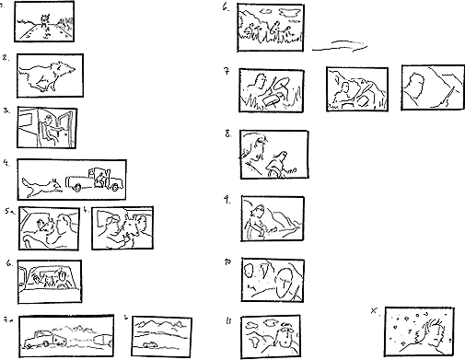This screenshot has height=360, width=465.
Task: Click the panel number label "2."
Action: point(6,58)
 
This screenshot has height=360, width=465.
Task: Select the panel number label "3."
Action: point(6,110)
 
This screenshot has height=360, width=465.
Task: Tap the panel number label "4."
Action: point(6,163)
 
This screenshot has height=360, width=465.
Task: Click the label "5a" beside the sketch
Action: point(8,210)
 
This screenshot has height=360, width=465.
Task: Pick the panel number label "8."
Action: point(227,134)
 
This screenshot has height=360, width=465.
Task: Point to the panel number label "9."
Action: point(227,199)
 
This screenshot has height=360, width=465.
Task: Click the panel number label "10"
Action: point(227,261)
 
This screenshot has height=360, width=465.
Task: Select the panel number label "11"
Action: point(227,321)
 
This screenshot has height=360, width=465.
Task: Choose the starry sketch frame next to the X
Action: point(420,331)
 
